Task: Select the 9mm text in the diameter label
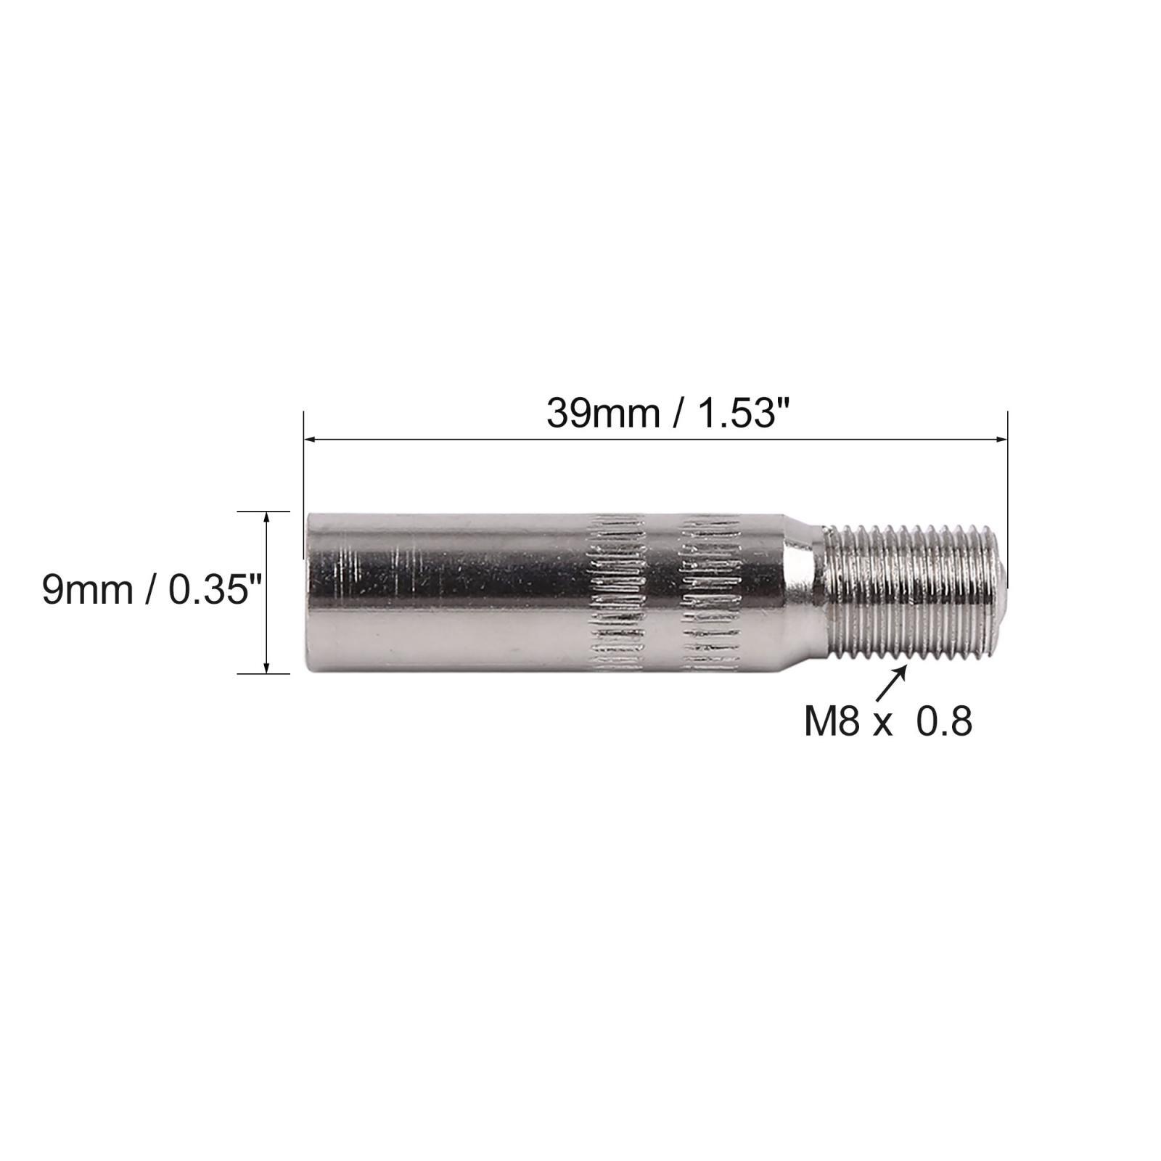tap(88, 590)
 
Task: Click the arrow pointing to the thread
tap(894, 682)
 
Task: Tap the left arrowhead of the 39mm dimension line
tap(311, 438)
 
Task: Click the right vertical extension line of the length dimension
tap(1008, 493)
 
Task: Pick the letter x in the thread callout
tap(882, 723)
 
